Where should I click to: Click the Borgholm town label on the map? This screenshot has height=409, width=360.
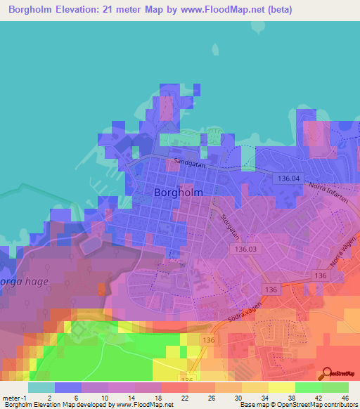pyautogui.click(x=178, y=192)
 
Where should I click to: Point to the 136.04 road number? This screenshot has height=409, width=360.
pyautogui.click(x=285, y=179)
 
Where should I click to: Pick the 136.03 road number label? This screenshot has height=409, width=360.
pyautogui.click(x=246, y=249)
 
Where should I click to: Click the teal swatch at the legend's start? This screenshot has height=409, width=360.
pyautogui.click(x=41, y=387)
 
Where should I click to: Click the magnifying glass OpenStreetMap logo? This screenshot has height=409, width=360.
pyautogui.click(x=329, y=373)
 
